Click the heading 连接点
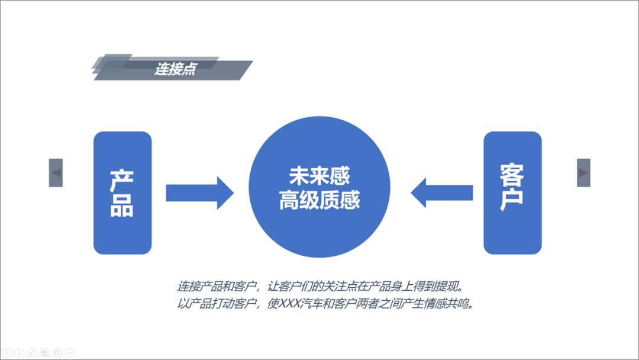pos(175,69)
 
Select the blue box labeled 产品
pos(122,192)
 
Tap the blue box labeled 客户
pos(512,192)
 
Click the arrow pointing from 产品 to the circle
pos(199,192)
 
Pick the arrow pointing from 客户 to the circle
pos(442,192)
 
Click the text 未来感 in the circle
pos(319,176)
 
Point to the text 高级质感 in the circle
pos(319,200)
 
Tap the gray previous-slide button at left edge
pos(56,173)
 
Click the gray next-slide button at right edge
pos(583,173)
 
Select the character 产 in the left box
pos(122,181)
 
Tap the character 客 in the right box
pos(512,176)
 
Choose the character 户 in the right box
pos(512,200)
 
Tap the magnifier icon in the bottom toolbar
pos(57,353)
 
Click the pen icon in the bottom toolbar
pos(32,353)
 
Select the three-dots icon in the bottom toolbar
pos(70,353)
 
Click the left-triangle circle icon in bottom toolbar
pos(7,353)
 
